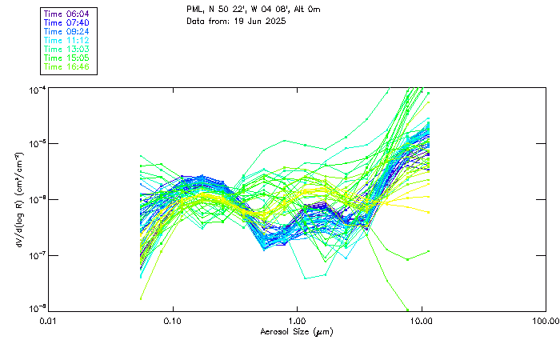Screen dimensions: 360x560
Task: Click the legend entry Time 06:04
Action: point(67,14)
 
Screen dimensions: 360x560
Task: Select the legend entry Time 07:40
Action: point(67,23)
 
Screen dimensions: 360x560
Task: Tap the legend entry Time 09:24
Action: point(67,31)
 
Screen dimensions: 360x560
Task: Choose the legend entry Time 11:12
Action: point(67,40)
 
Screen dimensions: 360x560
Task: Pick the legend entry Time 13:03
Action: point(67,49)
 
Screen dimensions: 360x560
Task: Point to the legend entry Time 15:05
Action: point(67,58)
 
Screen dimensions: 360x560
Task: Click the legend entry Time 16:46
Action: point(67,66)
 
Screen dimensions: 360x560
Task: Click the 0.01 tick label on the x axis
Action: point(49,322)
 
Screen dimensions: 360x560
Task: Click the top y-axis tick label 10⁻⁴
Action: point(37,90)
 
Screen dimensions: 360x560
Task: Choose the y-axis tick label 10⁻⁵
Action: point(37,144)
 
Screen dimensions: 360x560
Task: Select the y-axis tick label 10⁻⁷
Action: point(37,255)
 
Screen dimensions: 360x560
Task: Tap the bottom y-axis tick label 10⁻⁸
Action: point(37,309)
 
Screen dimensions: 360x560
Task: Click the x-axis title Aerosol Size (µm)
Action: point(296,332)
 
